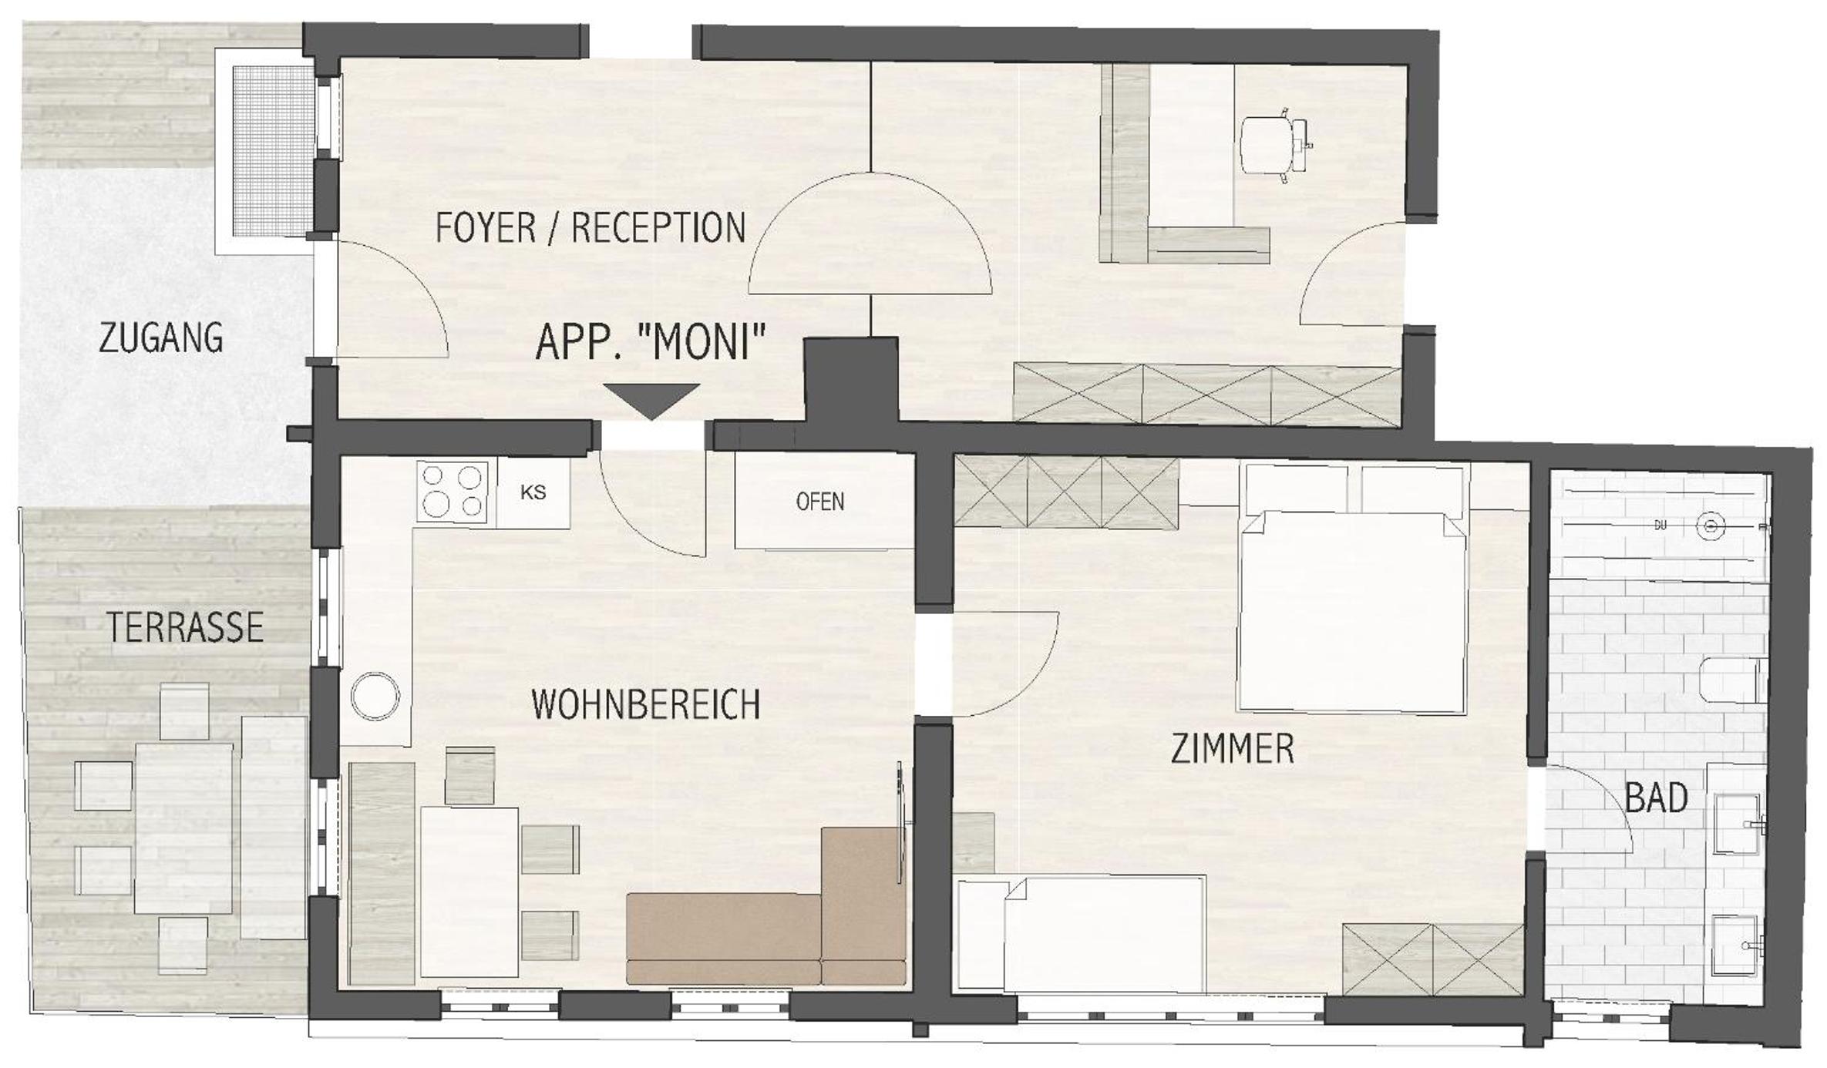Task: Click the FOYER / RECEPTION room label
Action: coord(590,228)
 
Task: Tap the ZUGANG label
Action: coord(161,338)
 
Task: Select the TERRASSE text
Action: coord(185,627)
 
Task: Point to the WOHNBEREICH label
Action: coord(646,704)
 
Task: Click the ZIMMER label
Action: coord(1232,748)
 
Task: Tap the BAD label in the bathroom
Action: coord(1656,798)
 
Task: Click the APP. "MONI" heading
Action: coord(651,342)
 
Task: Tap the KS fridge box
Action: coord(533,493)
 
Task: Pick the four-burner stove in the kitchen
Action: coord(453,492)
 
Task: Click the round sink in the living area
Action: coord(375,696)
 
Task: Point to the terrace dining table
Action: coord(184,828)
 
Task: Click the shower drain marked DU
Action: coord(1711,526)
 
